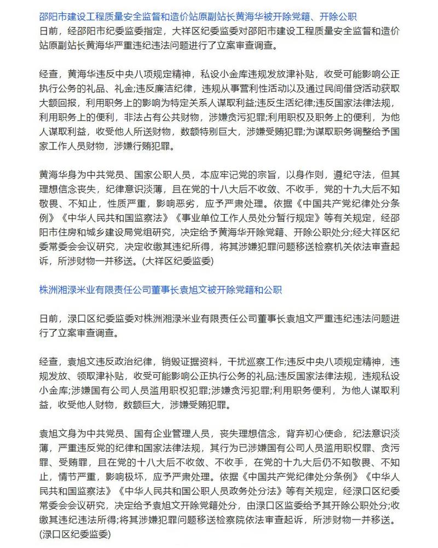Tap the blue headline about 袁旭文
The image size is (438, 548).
[161, 289]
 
